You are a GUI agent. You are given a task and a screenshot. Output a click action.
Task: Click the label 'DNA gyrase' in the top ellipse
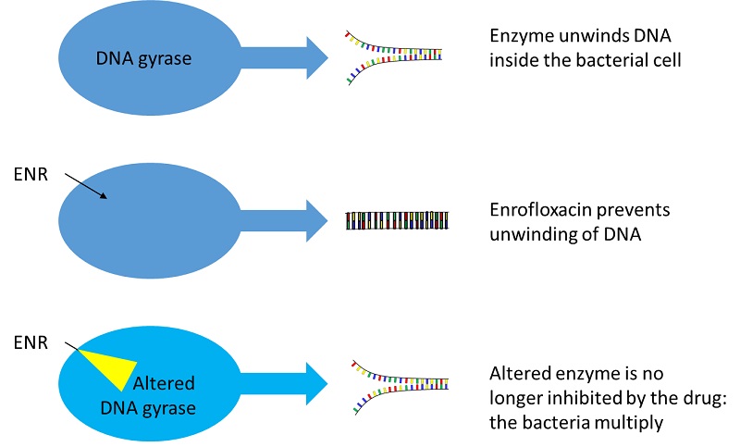coord(143,58)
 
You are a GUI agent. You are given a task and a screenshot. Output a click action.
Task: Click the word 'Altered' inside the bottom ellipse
coord(164,383)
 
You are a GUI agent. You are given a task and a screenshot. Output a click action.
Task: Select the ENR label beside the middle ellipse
coord(31,174)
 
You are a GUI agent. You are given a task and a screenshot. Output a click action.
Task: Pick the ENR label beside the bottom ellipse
coord(31,342)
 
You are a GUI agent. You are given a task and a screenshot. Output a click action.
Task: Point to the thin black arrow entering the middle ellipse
coord(86,185)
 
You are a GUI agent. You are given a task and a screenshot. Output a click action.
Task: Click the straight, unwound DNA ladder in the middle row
coord(397,220)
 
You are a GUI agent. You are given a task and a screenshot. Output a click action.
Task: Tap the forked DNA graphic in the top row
coord(394,57)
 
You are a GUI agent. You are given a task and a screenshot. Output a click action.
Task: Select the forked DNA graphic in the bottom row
coord(401,387)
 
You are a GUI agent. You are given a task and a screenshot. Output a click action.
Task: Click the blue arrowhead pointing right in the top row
coord(316,57)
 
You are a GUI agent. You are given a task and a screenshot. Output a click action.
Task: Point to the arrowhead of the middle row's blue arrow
coord(316,220)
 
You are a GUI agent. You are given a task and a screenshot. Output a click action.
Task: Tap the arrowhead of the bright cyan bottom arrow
coord(316,383)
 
